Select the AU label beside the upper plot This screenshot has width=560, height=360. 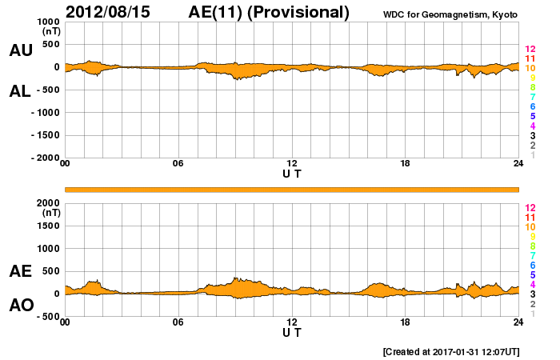point(20,50)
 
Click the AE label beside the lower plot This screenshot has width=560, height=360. point(20,271)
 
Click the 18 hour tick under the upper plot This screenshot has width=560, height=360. point(405,164)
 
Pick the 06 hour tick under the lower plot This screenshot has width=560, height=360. point(178,322)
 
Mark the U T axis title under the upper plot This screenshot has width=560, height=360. point(292,173)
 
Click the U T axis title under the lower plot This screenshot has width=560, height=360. point(292,331)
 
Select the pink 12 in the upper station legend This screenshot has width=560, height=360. point(530,50)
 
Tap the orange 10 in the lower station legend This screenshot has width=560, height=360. point(530,227)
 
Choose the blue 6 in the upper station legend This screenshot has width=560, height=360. point(532,106)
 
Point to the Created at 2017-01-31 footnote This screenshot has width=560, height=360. point(452,351)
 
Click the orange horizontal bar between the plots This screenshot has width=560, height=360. point(292,189)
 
